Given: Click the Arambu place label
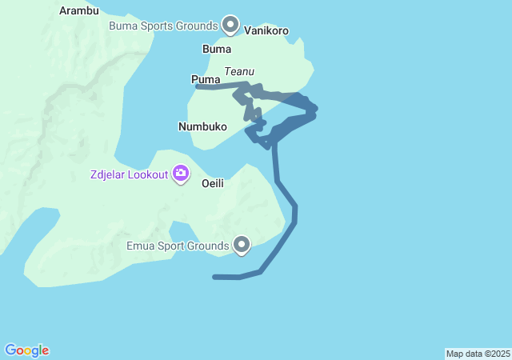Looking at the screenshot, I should pyautogui.click(x=79, y=11).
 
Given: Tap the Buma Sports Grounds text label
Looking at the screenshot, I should pyautogui.click(x=164, y=26).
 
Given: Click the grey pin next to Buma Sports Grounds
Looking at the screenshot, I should pyautogui.click(x=231, y=25).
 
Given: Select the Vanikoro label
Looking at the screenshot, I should pyautogui.click(x=266, y=31).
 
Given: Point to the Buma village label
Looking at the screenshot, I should pyautogui.click(x=217, y=49).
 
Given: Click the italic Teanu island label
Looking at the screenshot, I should pyautogui.click(x=239, y=71).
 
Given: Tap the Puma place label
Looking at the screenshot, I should pyautogui.click(x=206, y=79).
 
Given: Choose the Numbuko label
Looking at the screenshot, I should pyautogui.click(x=202, y=126).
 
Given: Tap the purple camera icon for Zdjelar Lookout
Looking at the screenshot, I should pyautogui.click(x=181, y=173).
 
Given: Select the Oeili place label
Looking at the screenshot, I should pyautogui.click(x=212, y=183).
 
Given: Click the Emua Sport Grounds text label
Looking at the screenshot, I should pyautogui.click(x=178, y=246).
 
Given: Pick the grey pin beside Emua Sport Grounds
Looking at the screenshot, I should pyautogui.click(x=242, y=245).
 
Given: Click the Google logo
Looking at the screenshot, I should pyautogui.click(x=26, y=350).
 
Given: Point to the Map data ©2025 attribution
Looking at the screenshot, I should pyautogui.click(x=478, y=354).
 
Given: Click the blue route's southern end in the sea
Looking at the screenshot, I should pyautogui.click(x=215, y=277).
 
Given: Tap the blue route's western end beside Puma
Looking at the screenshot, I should pyautogui.click(x=198, y=86).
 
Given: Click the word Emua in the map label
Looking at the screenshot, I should pyautogui.click(x=141, y=246).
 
